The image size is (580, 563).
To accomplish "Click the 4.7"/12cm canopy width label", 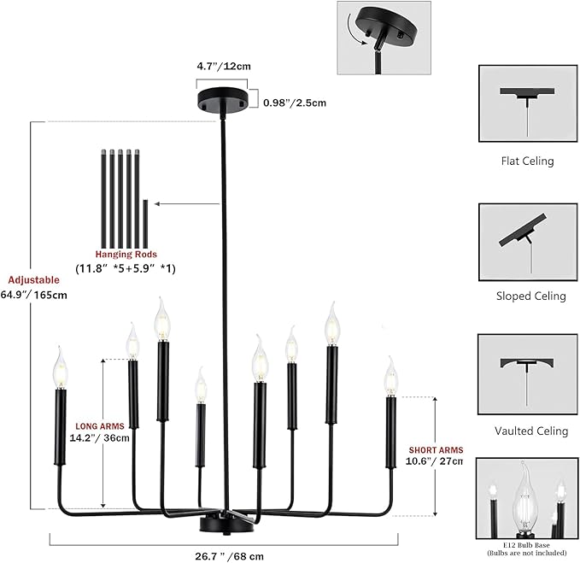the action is tap(224, 67).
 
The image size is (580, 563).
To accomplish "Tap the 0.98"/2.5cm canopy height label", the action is tap(295, 103).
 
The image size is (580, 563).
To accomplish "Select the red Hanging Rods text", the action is tap(126, 255).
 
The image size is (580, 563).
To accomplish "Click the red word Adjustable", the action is tap(33, 280).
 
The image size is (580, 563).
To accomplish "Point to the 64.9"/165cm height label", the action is tap(33, 296).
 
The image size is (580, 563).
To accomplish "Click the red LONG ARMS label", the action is tap(100, 426).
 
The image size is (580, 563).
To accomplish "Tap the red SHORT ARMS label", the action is tap(436, 450).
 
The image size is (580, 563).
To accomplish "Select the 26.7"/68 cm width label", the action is tap(229, 556).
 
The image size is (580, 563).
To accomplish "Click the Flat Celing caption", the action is tap(528, 161).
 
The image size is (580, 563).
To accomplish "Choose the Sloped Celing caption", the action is tap(530, 296).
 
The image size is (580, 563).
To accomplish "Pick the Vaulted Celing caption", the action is tap(531, 431).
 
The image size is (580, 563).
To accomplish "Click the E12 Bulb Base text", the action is tap(526, 545).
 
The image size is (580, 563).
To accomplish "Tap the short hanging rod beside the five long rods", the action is tap(145, 224).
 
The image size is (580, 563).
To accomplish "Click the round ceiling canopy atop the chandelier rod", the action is tap(223, 98).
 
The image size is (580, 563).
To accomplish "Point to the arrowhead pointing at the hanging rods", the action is tap(157, 204).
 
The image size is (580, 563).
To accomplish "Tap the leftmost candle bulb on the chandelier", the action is tap(60, 368).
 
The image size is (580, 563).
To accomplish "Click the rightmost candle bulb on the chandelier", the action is tap(390, 377).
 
